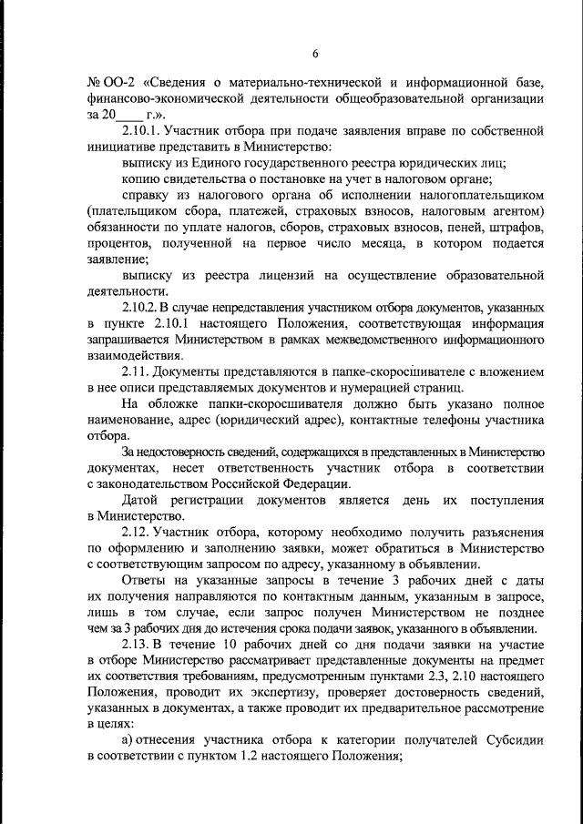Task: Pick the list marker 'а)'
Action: click(128, 740)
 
